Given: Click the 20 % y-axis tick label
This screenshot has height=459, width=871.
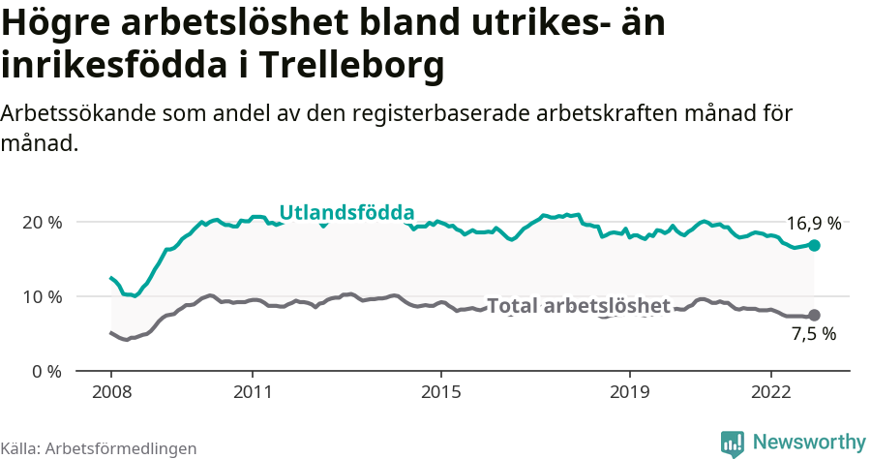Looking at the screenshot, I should click(43, 222).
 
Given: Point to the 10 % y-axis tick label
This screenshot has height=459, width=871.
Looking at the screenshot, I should click(43, 296).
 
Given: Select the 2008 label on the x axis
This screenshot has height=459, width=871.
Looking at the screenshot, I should click(110, 393).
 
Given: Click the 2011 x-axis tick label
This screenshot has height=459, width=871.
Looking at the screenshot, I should click(252, 393).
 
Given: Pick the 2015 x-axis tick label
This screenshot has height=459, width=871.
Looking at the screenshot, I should click(440, 393).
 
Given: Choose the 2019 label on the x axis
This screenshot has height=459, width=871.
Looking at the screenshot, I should click(629, 393).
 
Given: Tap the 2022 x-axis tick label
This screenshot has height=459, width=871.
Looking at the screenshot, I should click(770, 393).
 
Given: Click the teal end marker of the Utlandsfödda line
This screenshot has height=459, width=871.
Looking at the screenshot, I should click(814, 246).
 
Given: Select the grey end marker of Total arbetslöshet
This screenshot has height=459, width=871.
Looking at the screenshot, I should click(814, 315).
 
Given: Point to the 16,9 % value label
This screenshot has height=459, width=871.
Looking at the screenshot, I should click(813, 224).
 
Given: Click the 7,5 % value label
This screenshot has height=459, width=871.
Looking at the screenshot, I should click(813, 335).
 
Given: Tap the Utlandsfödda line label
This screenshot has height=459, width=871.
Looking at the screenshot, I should click(346, 213).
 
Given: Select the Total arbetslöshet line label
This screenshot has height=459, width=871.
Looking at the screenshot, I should click(578, 306).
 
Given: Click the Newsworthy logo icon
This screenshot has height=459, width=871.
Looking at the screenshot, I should click(733, 444).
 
